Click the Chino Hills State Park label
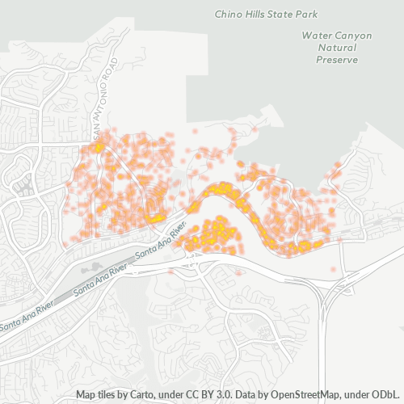pyautogui.click(x=267, y=14)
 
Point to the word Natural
pyautogui.click(x=328, y=48)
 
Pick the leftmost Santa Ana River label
pyautogui.click(x=26, y=316)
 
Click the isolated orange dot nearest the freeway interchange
pyautogui.click(x=330, y=269)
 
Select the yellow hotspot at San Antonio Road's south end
pyautogui.click(x=99, y=149)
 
